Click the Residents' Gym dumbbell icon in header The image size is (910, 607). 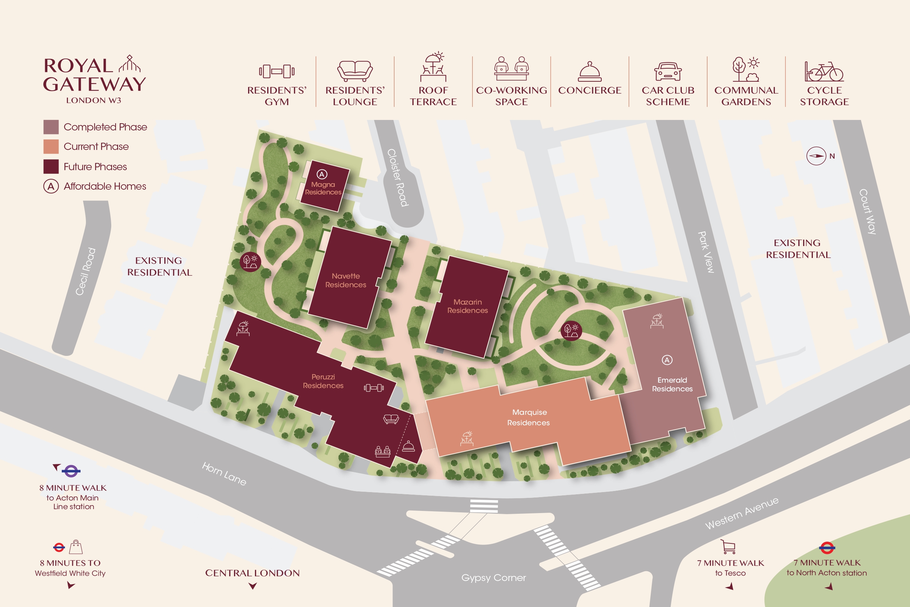pos(277,71)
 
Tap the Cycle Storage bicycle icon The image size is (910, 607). pos(824,72)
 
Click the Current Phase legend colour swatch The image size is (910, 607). pos(51,147)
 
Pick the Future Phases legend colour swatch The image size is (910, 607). pos(51,167)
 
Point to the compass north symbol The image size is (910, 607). pos(816,156)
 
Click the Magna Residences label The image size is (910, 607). pos(323,188)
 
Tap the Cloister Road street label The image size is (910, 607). pos(398,178)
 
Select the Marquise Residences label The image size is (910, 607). pos(529,417)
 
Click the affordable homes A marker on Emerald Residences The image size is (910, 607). pos(667,360)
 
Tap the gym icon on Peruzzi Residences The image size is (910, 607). pos(374,387)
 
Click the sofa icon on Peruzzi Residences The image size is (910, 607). pos(391,419)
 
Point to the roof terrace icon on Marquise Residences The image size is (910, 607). pos(467,438)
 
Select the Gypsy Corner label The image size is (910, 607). pos(493,578)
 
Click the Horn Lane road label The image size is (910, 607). pos(224,474)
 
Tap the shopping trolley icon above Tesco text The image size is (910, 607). pos(728,547)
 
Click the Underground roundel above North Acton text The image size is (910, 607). pos(827,548)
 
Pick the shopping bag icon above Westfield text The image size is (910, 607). pos(76,547)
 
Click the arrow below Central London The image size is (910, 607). pos(253,586)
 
